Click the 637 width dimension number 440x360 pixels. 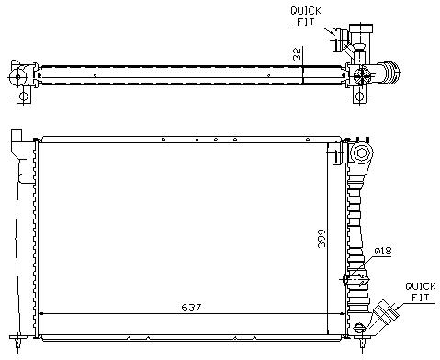tap(191, 307)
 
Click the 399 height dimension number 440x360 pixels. tap(322, 238)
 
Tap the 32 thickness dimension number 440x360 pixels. tap(297, 53)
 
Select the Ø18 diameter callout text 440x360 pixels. tap(383, 251)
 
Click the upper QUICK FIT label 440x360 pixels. tap(306, 17)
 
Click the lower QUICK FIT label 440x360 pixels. tap(421, 292)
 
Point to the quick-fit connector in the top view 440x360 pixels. tap(338, 40)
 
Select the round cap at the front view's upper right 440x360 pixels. tap(362, 152)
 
